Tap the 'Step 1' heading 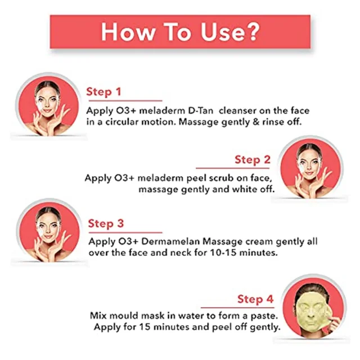click(103, 92)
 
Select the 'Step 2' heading click(253, 160)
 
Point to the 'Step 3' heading click(106, 223)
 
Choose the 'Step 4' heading click(255, 299)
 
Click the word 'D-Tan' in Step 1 click(201, 111)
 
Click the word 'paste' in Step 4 click(263, 316)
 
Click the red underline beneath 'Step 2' click(232, 168)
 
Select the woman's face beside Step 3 click(48, 229)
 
